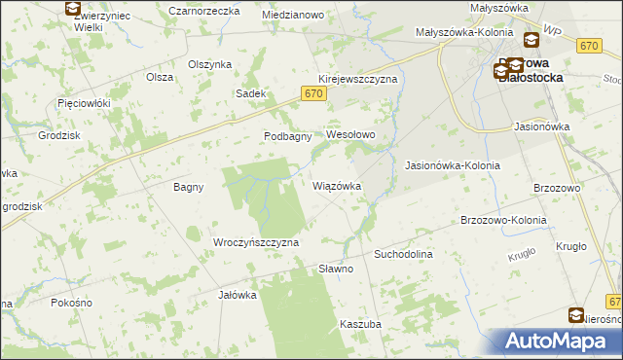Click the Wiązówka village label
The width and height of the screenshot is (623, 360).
pyautogui.click(x=337, y=185)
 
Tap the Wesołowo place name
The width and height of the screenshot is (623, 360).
pyautogui.click(x=350, y=134)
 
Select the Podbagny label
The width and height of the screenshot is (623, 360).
pyautogui.click(x=287, y=136)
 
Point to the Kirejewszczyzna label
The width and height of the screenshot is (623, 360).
pyautogui.click(x=357, y=79)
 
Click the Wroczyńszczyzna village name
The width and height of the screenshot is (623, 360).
pyautogui.click(x=255, y=241)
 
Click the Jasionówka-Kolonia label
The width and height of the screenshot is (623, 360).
pyautogui.click(x=452, y=165)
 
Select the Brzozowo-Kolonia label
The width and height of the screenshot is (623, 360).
pyautogui.click(x=503, y=220)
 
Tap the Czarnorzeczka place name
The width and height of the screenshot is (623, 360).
pyautogui.click(x=204, y=10)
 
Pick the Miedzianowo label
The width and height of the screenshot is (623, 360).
pyautogui.click(x=293, y=16)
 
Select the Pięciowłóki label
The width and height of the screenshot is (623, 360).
pyautogui.click(x=85, y=102)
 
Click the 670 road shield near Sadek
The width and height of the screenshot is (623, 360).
pyautogui.click(x=311, y=93)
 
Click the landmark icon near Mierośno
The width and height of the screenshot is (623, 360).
pyautogui.click(x=576, y=315)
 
